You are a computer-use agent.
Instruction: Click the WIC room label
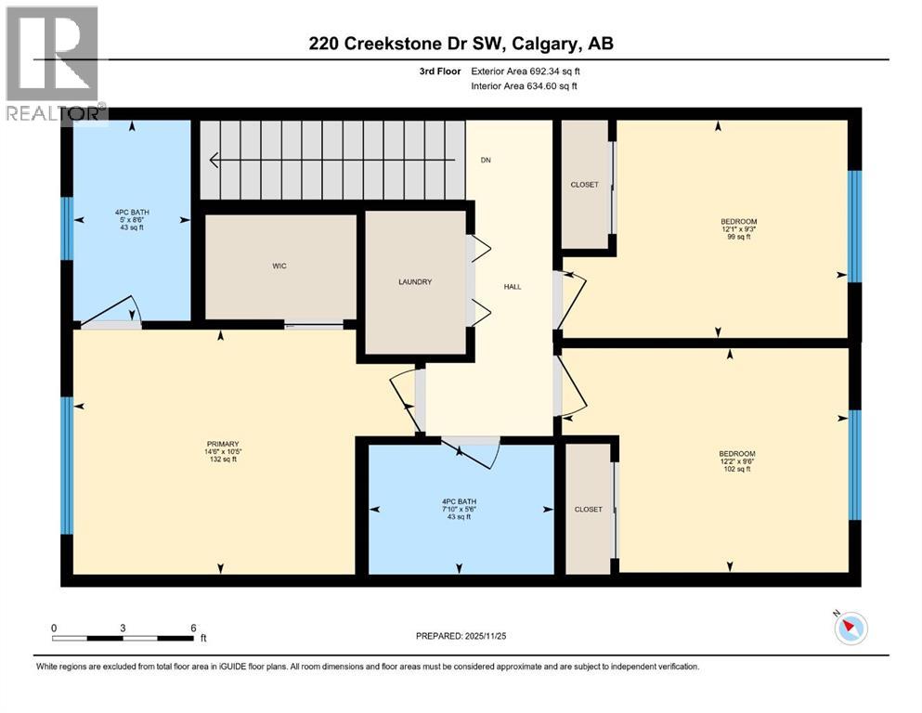[x=279, y=266]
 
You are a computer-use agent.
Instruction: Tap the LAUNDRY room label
[x=415, y=282]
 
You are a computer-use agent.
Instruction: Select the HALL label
[x=513, y=287]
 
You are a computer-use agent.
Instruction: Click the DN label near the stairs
[x=485, y=161]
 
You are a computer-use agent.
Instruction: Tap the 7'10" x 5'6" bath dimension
[x=456, y=509]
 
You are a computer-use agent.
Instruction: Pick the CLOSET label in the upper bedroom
[x=585, y=185]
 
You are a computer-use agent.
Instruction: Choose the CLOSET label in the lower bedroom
[x=589, y=510]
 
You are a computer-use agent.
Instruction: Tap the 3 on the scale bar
[x=123, y=628]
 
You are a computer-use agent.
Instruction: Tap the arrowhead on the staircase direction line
[x=214, y=162]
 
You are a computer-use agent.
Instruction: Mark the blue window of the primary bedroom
[x=67, y=465]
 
